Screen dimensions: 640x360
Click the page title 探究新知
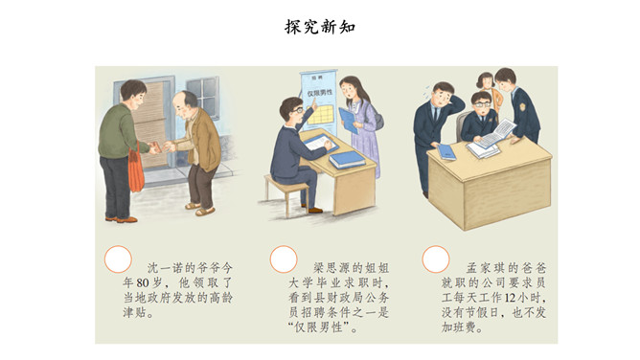[x=320, y=27]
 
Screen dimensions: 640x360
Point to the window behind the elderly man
[x=203, y=95]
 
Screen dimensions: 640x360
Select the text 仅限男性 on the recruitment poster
[x=320, y=93]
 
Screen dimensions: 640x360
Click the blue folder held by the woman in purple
[x=348, y=120]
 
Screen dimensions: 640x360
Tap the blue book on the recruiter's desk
[x=347, y=159]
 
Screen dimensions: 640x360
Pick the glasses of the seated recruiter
[x=297, y=110]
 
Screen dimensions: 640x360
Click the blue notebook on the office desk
[x=446, y=152]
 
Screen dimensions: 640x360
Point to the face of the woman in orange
[x=487, y=83]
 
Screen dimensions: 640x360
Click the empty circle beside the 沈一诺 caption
[x=118, y=259]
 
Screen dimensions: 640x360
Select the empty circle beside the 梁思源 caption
[x=284, y=259]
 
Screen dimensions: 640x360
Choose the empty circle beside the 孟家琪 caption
[x=436, y=259]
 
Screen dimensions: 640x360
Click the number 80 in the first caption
[x=143, y=283]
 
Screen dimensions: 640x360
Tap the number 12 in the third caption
[x=510, y=298]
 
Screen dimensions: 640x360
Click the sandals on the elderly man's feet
[x=200, y=209]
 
